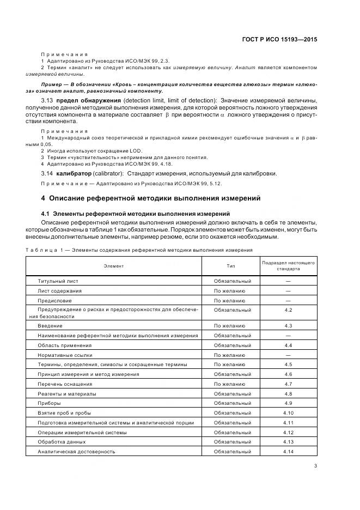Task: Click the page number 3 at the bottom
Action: click(315, 465)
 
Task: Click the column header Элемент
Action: click(114, 266)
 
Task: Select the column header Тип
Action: click(231, 266)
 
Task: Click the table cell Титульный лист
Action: click(58, 281)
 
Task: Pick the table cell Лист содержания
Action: click(59, 291)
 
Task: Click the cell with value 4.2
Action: click(288, 310)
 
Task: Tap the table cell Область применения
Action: click(65, 345)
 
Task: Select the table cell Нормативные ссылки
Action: click(65, 355)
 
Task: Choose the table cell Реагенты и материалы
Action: click(66, 393)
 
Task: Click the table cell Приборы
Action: click(49, 403)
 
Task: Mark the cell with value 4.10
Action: click(288, 413)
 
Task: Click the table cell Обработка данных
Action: click(62, 442)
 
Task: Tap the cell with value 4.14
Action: click(288, 452)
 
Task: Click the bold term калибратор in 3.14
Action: click(73, 173)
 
